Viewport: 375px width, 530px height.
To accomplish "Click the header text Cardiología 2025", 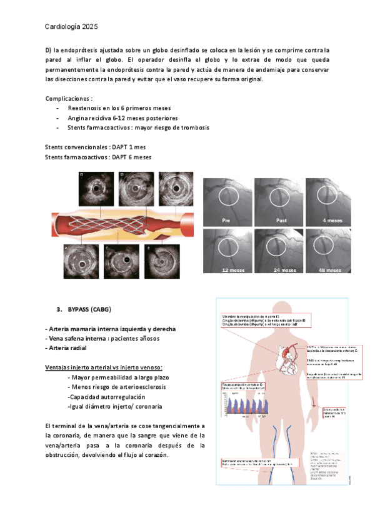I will (x=71, y=27).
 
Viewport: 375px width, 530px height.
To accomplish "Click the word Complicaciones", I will (x=68, y=99).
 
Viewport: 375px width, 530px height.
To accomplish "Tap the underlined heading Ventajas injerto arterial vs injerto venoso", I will (x=104, y=367).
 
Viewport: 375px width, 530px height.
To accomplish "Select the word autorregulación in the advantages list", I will (x=121, y=397).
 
